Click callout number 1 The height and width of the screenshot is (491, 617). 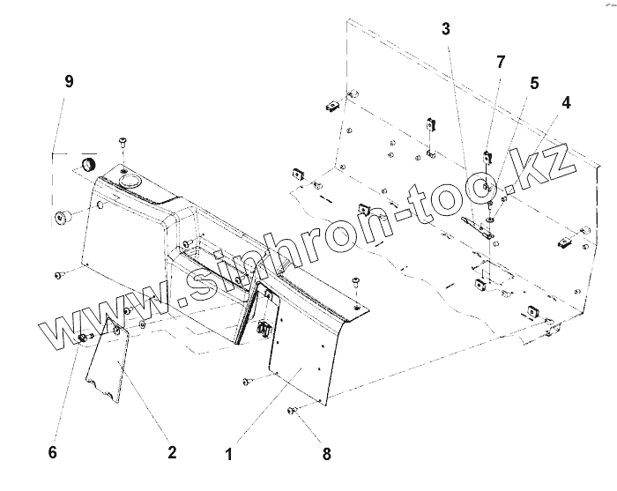pos(228,455)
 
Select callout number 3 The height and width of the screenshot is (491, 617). pos(447,29)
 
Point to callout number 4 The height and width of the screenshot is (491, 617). pos(566,103)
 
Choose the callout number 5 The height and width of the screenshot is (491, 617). pos(533,83)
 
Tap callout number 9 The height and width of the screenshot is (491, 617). pos(68,81)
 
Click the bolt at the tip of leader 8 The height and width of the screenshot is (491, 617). pos(293,410)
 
